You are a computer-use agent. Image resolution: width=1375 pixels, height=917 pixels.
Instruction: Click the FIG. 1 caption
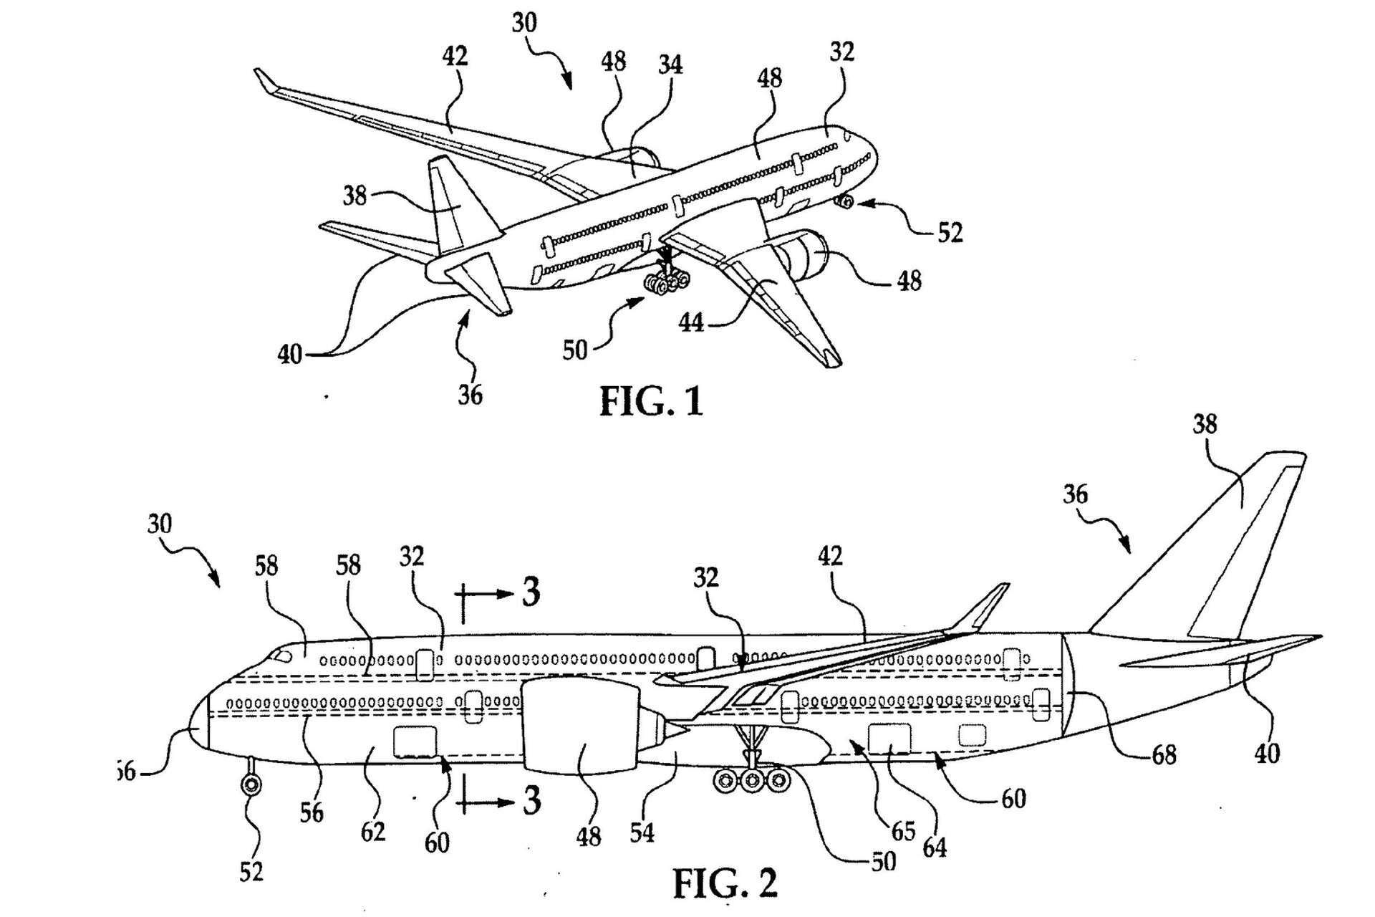coord(651,401)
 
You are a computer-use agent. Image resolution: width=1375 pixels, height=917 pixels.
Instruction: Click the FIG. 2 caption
coord(725,883)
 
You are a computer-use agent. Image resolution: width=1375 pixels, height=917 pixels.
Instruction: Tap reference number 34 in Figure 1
coord(670,65)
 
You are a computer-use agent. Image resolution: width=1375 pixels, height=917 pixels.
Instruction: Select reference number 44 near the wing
coord(691,323)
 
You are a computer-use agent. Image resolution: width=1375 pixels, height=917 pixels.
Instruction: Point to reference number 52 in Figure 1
coord(950,233)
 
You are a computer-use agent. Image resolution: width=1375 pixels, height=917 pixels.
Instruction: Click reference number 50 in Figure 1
coord(575,350)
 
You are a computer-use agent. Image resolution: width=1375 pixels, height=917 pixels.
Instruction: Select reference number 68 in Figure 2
coord(1164,754)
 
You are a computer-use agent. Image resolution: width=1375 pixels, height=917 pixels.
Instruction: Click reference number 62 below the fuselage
coord(373,832)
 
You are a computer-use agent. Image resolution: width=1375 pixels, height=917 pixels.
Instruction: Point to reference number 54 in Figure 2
coord(642,832)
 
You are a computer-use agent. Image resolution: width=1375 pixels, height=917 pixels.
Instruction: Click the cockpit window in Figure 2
coord(281,656)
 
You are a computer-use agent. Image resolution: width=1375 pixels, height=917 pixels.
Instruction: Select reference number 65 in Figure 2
coord(903,830)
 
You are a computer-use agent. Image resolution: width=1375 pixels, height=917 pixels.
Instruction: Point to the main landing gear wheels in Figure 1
coord(667,282)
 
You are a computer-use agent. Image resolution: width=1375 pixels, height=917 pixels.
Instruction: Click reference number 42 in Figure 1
coord(455,56)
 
